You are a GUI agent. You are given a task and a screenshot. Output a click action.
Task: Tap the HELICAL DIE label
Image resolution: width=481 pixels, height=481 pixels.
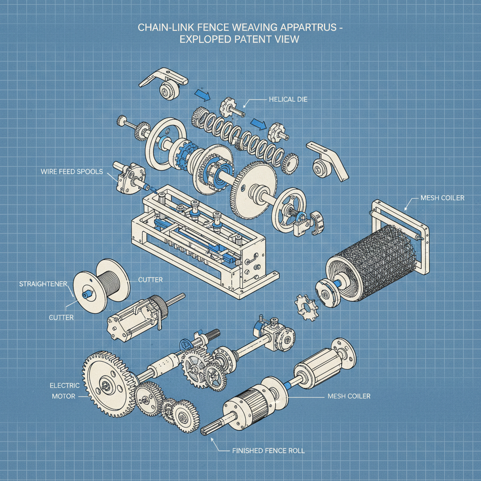(x=288, y=100)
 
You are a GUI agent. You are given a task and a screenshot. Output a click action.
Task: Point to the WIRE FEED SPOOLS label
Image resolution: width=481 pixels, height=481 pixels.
(x=71, y=171)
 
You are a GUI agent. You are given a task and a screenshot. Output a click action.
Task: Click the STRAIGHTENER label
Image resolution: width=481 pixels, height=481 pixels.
(x=43, y=284)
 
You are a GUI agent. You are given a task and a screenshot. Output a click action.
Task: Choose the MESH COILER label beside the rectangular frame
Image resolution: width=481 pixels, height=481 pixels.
(x=442, y=198)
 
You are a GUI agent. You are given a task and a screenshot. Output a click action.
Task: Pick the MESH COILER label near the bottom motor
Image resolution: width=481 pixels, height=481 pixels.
(x=348, y=396)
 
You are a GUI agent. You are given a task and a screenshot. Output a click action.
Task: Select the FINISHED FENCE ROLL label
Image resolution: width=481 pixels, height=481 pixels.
(x=268, y=451)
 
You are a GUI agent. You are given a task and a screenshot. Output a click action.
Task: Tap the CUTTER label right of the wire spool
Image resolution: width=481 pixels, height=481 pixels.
(x=150, y=280)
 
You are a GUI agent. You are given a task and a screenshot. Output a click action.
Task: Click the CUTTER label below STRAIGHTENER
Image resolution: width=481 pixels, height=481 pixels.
(x=61, y=318)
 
